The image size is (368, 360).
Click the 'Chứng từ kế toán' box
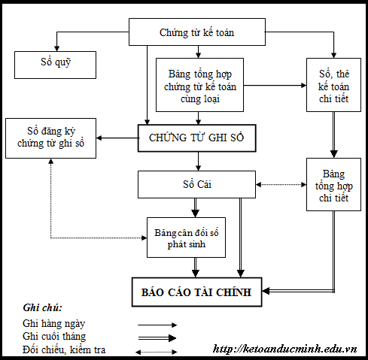197,33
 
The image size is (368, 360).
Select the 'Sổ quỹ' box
55,65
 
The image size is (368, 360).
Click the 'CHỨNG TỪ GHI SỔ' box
197,138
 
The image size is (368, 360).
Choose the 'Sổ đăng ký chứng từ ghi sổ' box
50,137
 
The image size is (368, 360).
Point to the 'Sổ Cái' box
197,183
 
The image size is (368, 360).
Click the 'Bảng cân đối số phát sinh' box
185,237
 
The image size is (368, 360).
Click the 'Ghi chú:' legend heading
43,308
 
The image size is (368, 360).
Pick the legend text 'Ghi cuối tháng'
54,337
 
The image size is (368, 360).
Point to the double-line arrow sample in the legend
157,338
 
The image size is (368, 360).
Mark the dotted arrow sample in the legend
157,351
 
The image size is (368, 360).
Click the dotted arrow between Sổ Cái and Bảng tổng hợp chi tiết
281,183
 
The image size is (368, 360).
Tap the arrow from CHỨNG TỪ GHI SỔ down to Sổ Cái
198,160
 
